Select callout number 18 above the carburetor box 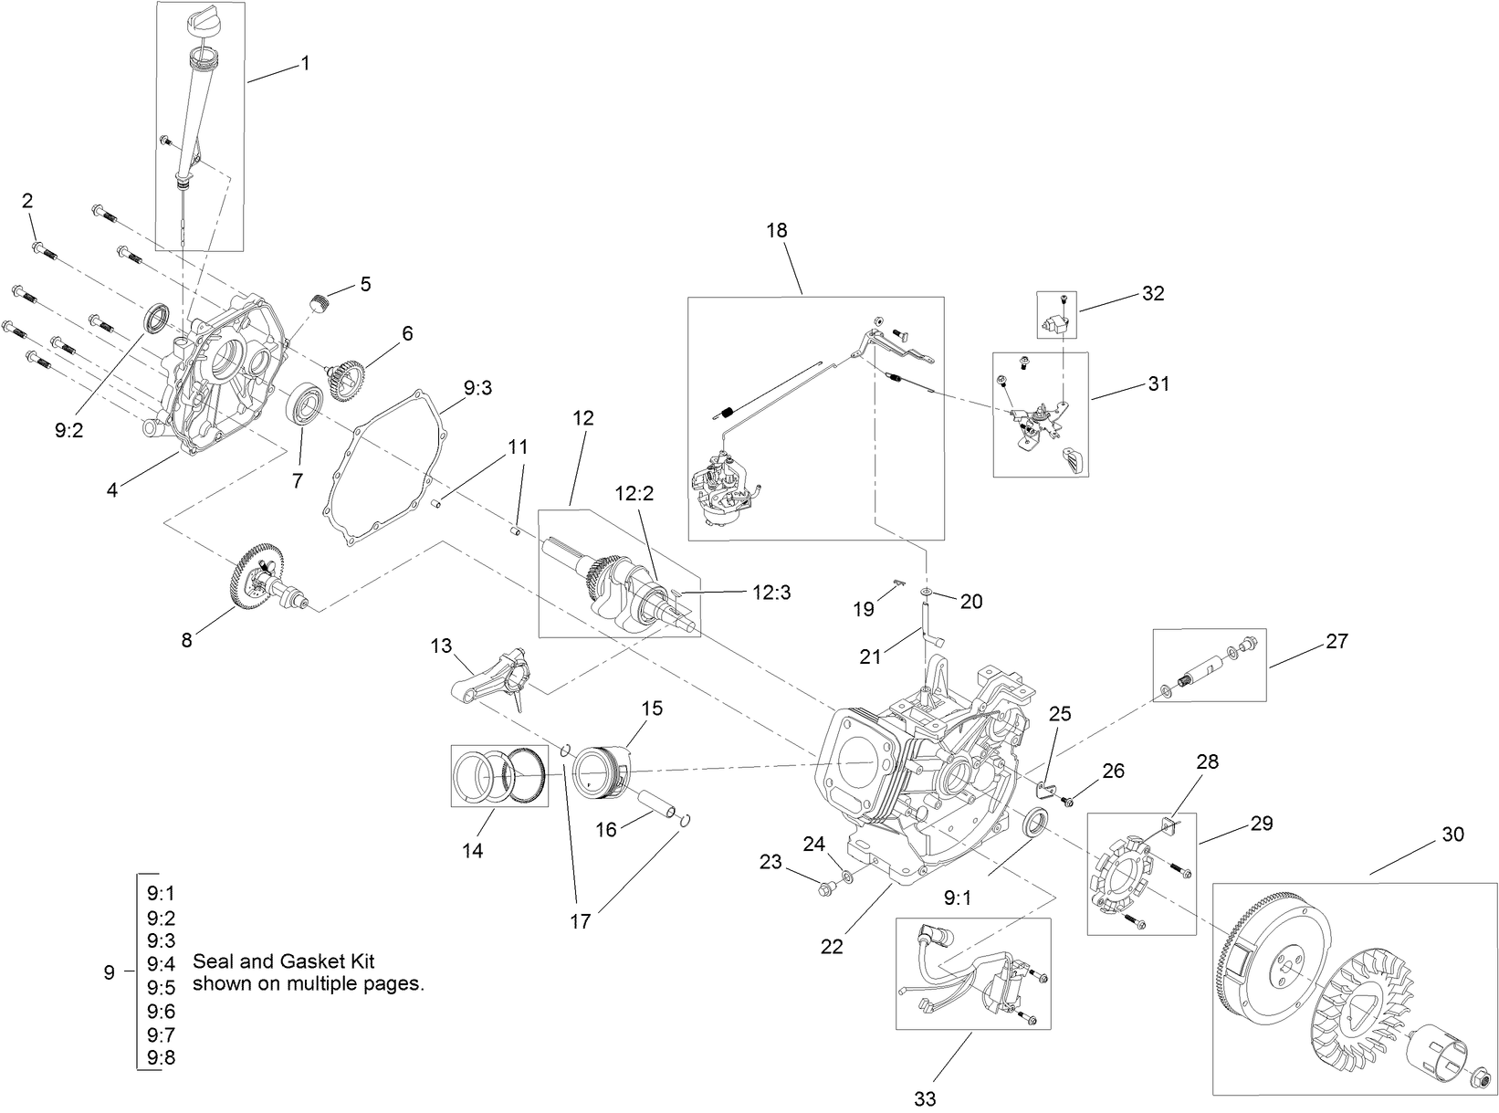coord(776,230)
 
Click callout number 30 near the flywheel coord(1452,835)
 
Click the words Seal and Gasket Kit coord(284,961)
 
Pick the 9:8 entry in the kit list coord(161,1058)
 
